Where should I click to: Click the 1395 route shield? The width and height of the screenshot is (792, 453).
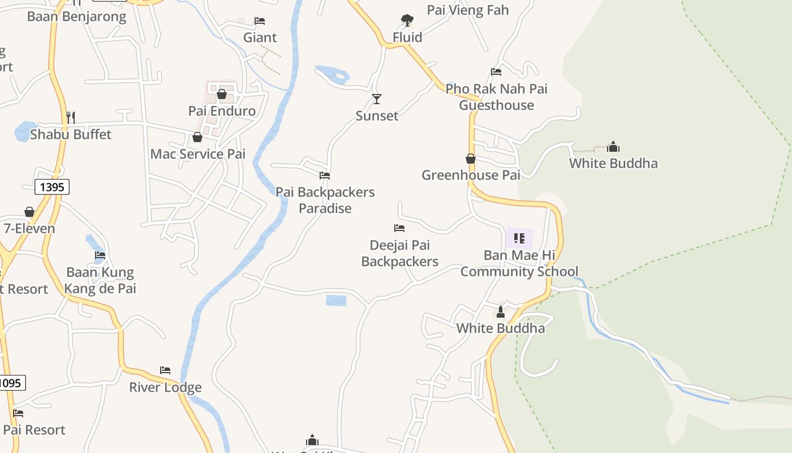tap(52, 187)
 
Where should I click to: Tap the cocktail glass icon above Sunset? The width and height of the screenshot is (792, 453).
tap(377, 99)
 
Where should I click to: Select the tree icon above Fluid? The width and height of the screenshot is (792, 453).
tap(407, 21)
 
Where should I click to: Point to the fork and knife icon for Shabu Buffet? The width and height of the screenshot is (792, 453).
tap(71, 118)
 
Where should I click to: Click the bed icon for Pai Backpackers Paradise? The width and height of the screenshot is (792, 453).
tap(325, 176)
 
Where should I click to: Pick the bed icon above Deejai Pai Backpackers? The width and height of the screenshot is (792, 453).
tap(399, 228)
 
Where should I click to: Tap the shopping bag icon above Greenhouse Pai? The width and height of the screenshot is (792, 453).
tap(471, 159)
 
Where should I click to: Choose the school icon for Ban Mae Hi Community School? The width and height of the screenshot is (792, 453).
tap(519, 238)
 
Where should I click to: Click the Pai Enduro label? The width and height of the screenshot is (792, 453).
tap(222, 111)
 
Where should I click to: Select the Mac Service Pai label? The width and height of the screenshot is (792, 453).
tap(197, 154)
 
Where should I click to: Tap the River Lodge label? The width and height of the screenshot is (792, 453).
tap(165, 388)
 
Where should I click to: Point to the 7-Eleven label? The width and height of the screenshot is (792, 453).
tap(29, 229)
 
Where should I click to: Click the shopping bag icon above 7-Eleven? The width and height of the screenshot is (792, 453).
tap(29, 212)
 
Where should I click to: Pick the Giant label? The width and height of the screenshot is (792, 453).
tap(260, 38)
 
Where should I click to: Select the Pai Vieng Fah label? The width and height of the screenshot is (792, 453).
tap(468, 10)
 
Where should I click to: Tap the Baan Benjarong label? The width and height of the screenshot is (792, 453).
tap(77, 16)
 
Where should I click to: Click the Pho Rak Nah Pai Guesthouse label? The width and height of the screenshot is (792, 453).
tap(496, 97)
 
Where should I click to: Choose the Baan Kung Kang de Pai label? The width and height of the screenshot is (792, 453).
tap(100, 280)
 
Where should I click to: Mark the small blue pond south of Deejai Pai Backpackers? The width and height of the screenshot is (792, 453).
tap(336, 300)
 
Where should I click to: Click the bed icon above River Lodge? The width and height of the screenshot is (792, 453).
tap(165, 370)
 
